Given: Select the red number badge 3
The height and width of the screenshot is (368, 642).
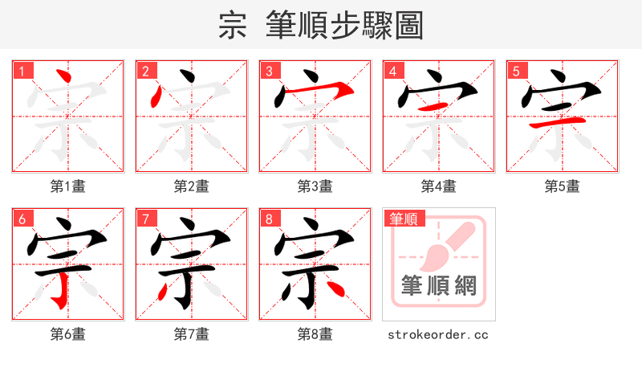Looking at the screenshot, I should [270, 72].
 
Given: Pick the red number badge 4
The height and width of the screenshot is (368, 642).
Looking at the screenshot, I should [393, 72].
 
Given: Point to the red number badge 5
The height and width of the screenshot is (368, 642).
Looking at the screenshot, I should [517, 72].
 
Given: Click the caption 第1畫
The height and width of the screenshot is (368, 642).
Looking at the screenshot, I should [67, 186].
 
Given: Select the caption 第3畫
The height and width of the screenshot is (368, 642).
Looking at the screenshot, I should [315, 186].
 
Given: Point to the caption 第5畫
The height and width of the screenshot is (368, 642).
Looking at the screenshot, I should [562, 186].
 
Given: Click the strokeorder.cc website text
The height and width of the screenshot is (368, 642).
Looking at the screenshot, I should [438, 334].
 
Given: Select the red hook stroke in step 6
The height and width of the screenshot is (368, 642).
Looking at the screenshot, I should [58, 299].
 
